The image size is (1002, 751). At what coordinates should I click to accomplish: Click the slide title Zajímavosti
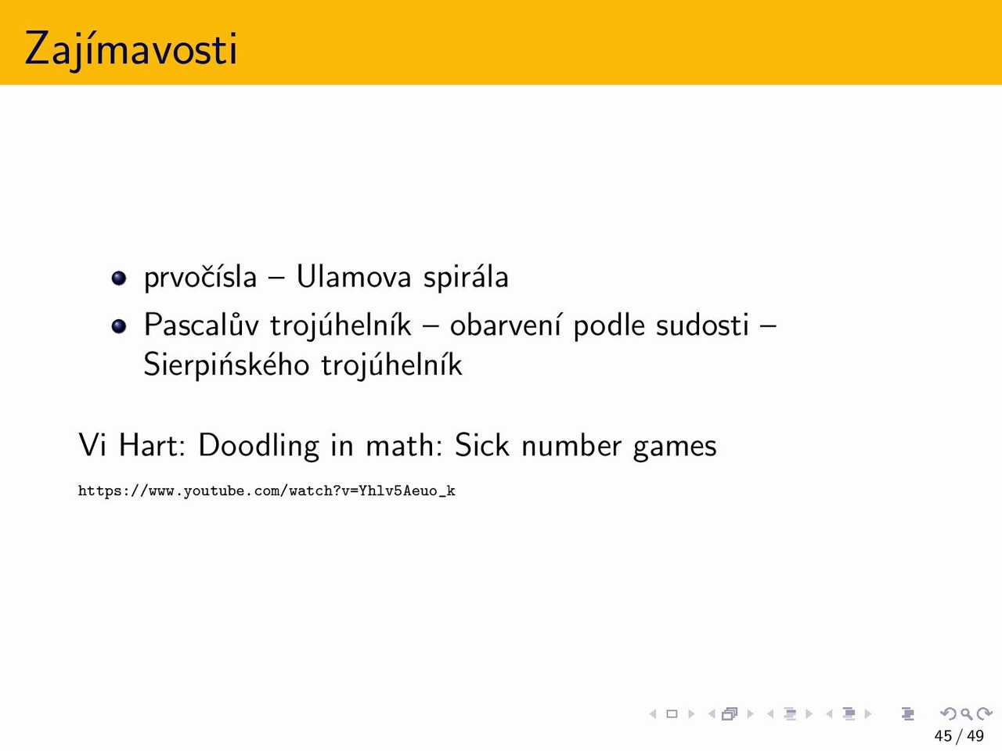pyautogui.click(x=131, y=49)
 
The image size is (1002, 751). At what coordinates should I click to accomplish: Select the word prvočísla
pyautogui.click(x=200, y=277)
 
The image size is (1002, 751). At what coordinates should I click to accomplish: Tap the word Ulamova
pyautogui.click(x=354, y=276)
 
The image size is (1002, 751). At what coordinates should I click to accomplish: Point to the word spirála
pyautogui.click(x=466, y=277)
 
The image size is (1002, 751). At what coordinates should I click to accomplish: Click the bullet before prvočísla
pyautogui.click(x=119, y=278)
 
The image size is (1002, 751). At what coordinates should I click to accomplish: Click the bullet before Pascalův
pyautogui.click(x=119, y=326)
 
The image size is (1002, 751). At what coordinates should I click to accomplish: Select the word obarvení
pyautogui.click(x=506, y=325)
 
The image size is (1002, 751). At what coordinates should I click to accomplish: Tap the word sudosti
pyautogui.click(x=702, y=325)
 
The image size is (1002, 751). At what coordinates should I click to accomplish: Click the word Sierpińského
pyautogui.click(x=226, y=365)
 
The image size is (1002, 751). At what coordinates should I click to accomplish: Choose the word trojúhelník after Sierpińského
pyautogui.click(x=391, y=365)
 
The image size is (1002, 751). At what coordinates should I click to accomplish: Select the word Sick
pyautogui.click(x=481, y=445)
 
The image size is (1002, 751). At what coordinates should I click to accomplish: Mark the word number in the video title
pyautogui.click(x=571, y=445)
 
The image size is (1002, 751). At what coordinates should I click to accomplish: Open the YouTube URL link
pyautogui.click(x=267, y=491)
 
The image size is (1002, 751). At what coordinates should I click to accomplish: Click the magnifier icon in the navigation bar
pyautogui.click(x=967, y=713)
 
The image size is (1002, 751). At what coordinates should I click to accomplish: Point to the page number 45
pyautogui.click(x=943, y=736)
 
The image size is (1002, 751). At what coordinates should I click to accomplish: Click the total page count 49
pyautogui.click(x=975, y=736)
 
